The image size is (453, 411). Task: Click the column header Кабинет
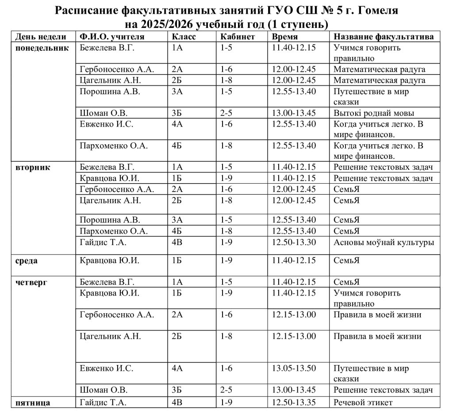click(237, 37)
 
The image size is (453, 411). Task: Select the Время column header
click(285, 37)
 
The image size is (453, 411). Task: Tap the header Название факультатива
click(383, 37)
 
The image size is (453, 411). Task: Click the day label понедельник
click(42, 48)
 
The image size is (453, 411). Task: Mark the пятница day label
click(32, 402)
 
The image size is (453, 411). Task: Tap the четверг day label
click(31, 282)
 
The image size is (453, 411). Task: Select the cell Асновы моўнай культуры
click(384, 242)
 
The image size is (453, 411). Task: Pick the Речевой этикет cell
click(363, 402)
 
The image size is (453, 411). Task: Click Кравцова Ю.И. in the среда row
click(110, 261)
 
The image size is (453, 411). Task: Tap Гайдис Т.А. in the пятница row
click(103, 402)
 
